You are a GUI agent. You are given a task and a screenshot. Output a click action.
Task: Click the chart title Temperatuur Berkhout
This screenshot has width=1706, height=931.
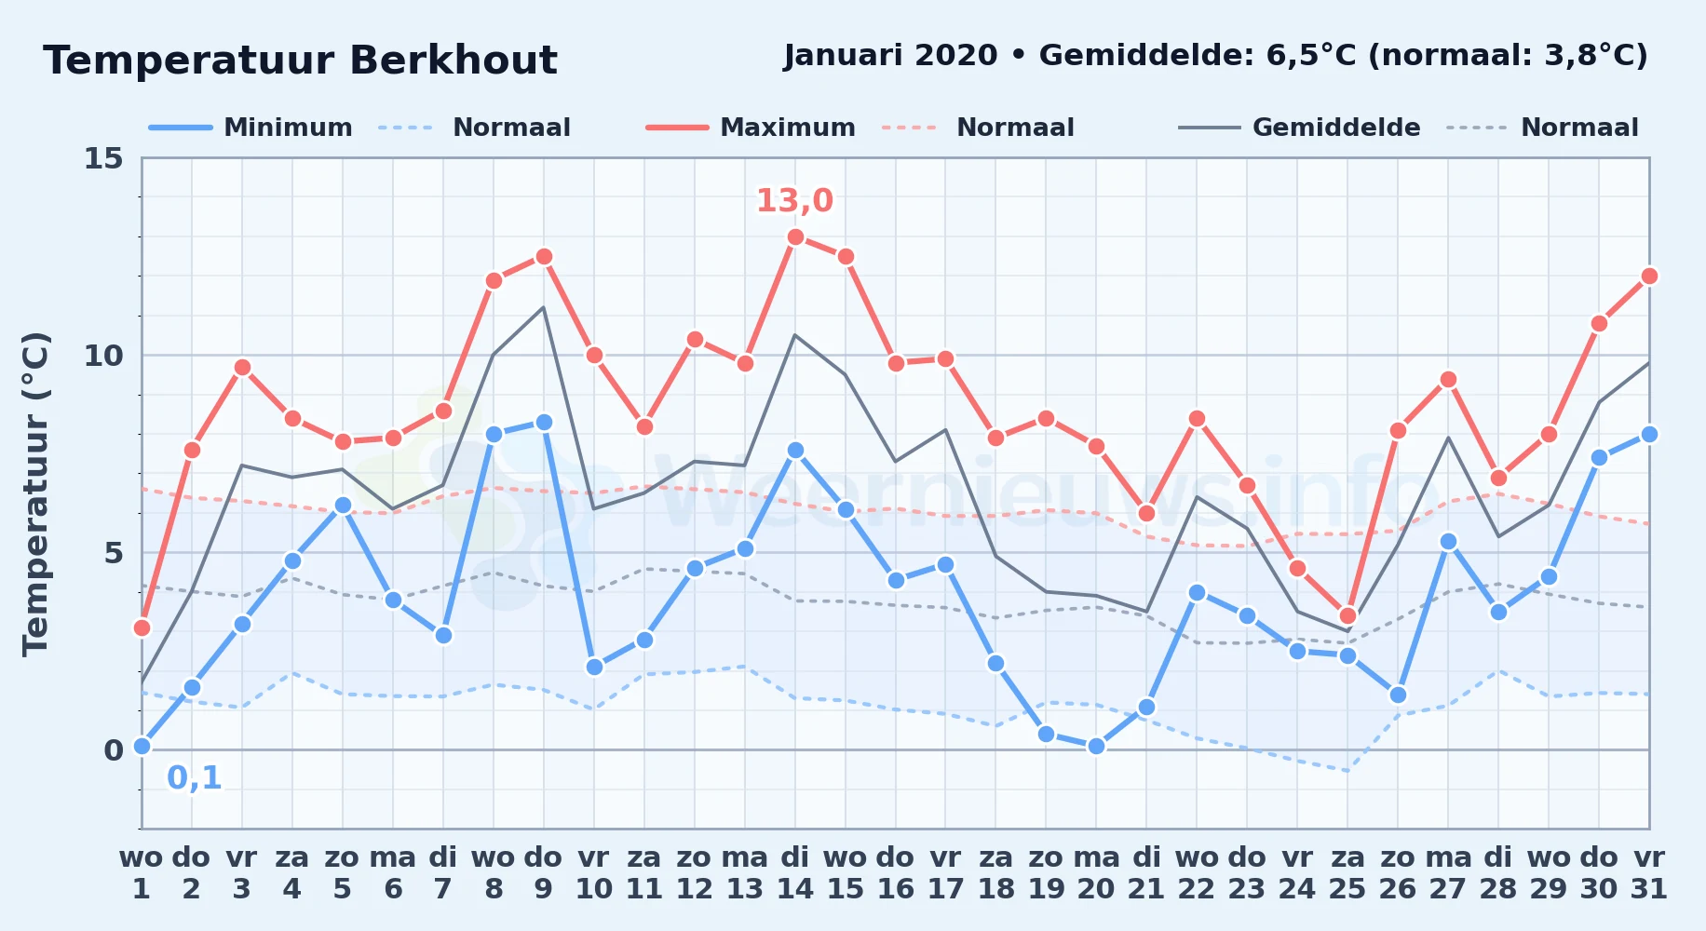coord(300,61)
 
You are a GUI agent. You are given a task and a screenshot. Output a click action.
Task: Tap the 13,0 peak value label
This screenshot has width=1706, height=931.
coord(794,200)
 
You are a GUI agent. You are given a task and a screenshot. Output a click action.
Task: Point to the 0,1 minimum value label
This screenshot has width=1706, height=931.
coord(195,777)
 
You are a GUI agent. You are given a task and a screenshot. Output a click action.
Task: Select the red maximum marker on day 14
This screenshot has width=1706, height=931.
coord(795,236)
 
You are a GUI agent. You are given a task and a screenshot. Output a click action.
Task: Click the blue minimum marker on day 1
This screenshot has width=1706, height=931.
coord(142,746)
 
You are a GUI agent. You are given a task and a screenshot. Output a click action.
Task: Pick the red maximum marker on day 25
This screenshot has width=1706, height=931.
coord(1347,615)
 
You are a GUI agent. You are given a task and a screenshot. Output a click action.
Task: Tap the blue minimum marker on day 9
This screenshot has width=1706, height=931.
coord(544,422)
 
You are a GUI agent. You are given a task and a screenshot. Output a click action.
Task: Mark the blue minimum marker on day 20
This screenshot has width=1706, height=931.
coord(1096,746)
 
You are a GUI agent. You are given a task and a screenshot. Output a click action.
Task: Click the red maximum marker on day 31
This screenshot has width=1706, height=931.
coord(1649,276)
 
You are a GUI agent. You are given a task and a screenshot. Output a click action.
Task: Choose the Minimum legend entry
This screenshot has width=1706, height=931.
coord(250,128)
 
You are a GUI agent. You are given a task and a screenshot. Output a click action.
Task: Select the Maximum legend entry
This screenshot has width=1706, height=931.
coord(751,128)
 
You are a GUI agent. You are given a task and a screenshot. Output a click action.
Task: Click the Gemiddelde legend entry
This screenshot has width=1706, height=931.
coord(1299,128)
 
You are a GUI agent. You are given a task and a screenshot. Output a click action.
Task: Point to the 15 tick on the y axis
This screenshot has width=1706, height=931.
coord(103,158)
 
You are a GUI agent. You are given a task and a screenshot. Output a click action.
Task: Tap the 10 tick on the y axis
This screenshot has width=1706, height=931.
coord(103,356)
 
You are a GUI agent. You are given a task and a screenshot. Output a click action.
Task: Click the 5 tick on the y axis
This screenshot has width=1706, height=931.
coord(114,553)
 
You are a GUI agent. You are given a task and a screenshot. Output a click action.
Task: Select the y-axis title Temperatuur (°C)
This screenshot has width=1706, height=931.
coord(35,493)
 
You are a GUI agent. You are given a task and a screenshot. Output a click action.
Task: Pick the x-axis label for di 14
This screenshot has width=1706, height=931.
coord(795,873)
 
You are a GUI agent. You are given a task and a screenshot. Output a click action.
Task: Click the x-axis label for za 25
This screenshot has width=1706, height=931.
coord(1347,873)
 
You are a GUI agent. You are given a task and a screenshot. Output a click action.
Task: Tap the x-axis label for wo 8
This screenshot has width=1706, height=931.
coord(494,873)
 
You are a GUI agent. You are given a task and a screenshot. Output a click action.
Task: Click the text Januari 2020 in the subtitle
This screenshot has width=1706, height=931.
coord(890,56)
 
